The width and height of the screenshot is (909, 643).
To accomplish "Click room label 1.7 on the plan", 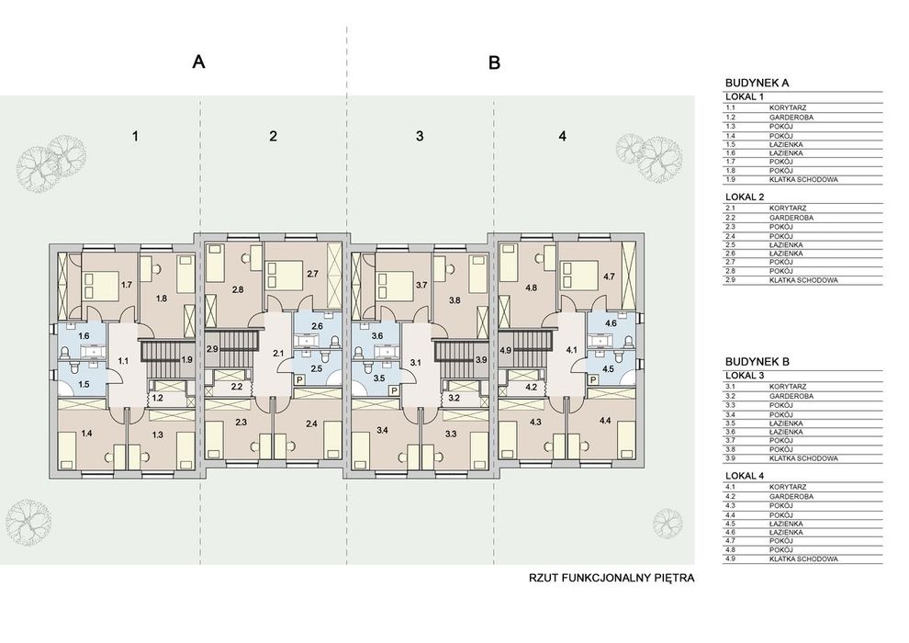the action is click(x=127, y=285).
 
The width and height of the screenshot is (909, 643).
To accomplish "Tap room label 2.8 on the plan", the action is click(x=237, y=289).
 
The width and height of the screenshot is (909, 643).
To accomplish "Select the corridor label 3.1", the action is click(x=415, y=363).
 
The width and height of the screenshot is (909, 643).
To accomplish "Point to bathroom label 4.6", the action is click(x=611, y=323).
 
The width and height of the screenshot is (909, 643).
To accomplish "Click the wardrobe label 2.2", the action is click(x=237, y=386).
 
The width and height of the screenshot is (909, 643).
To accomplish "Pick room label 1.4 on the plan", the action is click(x=87, y=433).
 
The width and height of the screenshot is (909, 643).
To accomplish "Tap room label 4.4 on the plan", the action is click(x=605, y=421).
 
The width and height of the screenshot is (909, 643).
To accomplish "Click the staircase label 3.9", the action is click(x=481, y=359).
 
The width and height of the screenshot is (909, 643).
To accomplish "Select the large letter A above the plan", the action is click(x=198, y=62).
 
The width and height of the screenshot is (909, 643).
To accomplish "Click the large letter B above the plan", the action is click(x=495, y=62).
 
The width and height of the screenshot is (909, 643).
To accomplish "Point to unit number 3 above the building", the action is click(x=420, y=136).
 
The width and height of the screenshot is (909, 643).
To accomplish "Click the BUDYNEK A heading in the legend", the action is click(x=757, y=83).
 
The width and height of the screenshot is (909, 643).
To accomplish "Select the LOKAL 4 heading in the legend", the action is click(x=744, y=476).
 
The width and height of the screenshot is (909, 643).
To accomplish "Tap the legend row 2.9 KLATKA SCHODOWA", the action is click(x=802, y=281).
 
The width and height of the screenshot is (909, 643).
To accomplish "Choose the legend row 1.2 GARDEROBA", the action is click(x=802, y=118).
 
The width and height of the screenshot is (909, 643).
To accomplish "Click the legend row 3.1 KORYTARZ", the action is click(x=802, y=387).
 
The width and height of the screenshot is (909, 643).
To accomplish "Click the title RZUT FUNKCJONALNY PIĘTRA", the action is click(x=612, y=578).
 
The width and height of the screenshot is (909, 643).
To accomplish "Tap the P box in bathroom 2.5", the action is click(x=300, y=379).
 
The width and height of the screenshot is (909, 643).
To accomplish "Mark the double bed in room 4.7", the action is click(x=578, y=276).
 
